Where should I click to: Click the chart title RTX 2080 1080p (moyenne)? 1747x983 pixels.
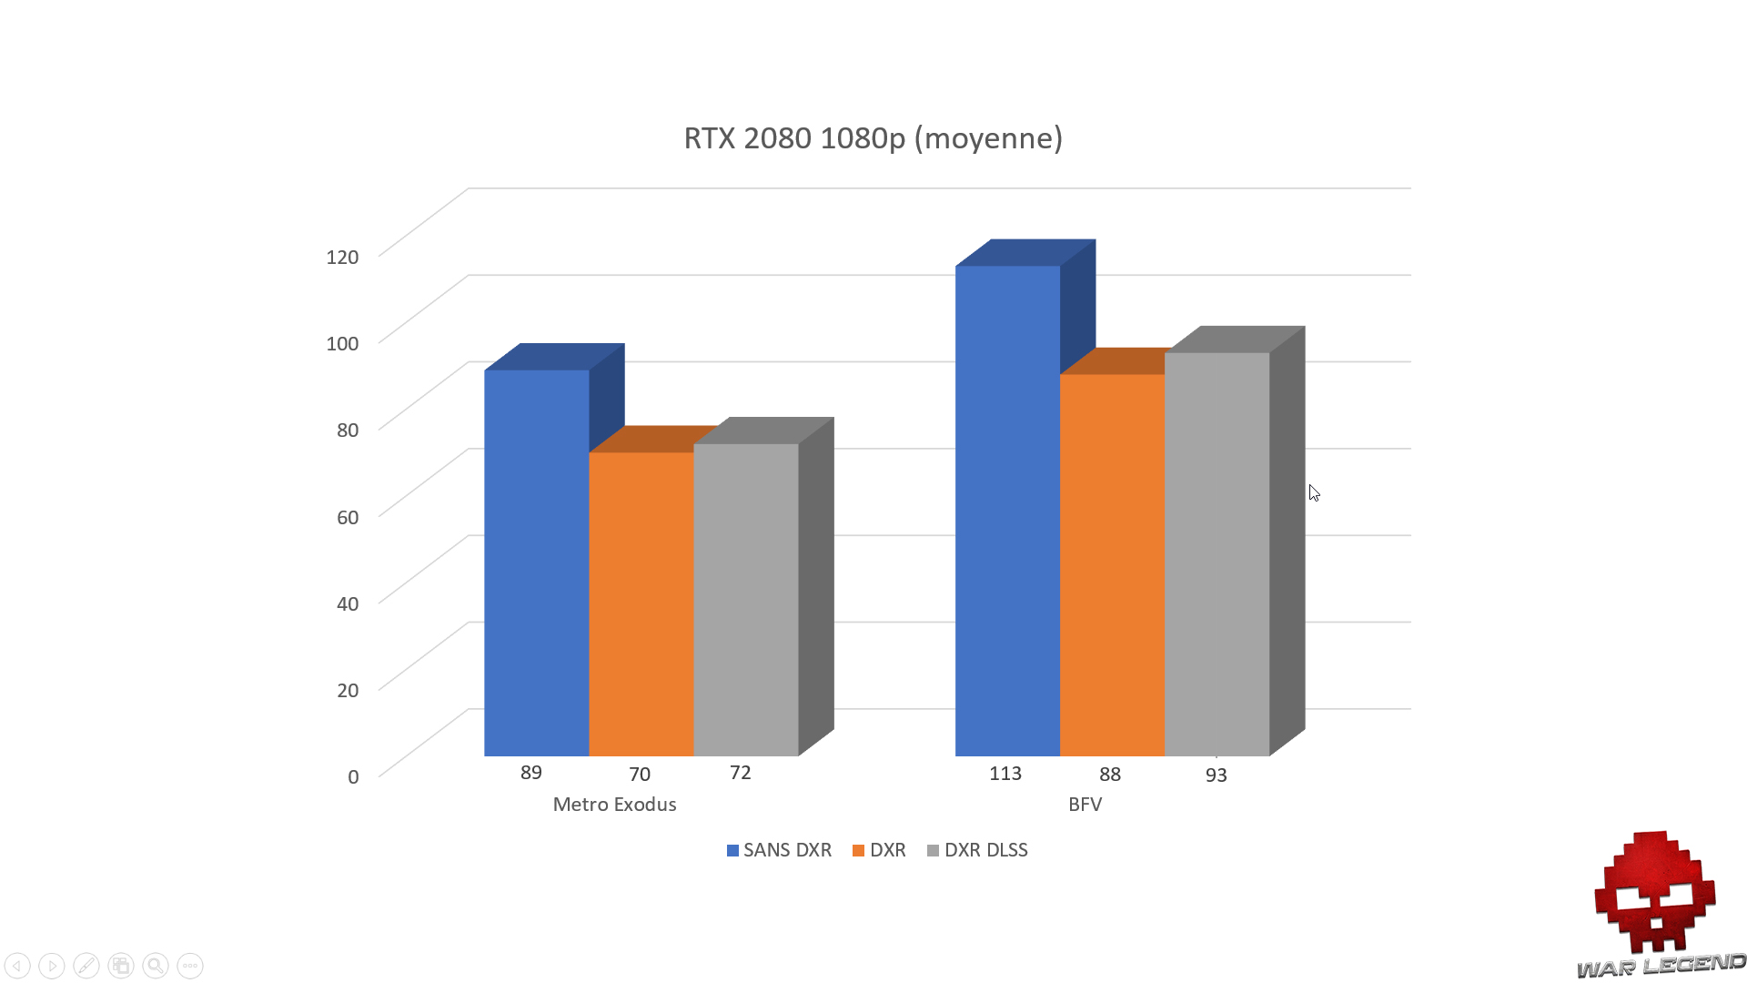(x=873, y=138)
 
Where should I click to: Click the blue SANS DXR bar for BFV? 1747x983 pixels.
(x=1007, y=511)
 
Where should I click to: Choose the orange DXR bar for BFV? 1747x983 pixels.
(x=1112, y=564)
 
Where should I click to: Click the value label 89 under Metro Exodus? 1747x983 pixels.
(x=531, y=773)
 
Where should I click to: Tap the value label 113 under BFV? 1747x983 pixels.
(x=1005, y=774)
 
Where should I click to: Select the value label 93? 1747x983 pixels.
(x=1217, y=775)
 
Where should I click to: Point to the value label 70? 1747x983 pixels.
(x=640, y=775)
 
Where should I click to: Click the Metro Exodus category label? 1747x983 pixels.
(x=614, y=805)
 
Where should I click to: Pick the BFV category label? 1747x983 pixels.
(x=1085, y=805)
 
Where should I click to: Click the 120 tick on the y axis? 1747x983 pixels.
(x=342, y=257)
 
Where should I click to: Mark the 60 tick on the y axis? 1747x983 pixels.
(x=348, y=517)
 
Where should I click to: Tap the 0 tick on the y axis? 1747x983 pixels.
(x=353, y=776)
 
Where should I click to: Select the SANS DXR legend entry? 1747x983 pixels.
(x=779, y=850)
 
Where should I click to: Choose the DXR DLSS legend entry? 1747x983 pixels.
(x=977, y=850)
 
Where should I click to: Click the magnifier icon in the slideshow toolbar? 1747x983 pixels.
(x=156, y=966)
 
